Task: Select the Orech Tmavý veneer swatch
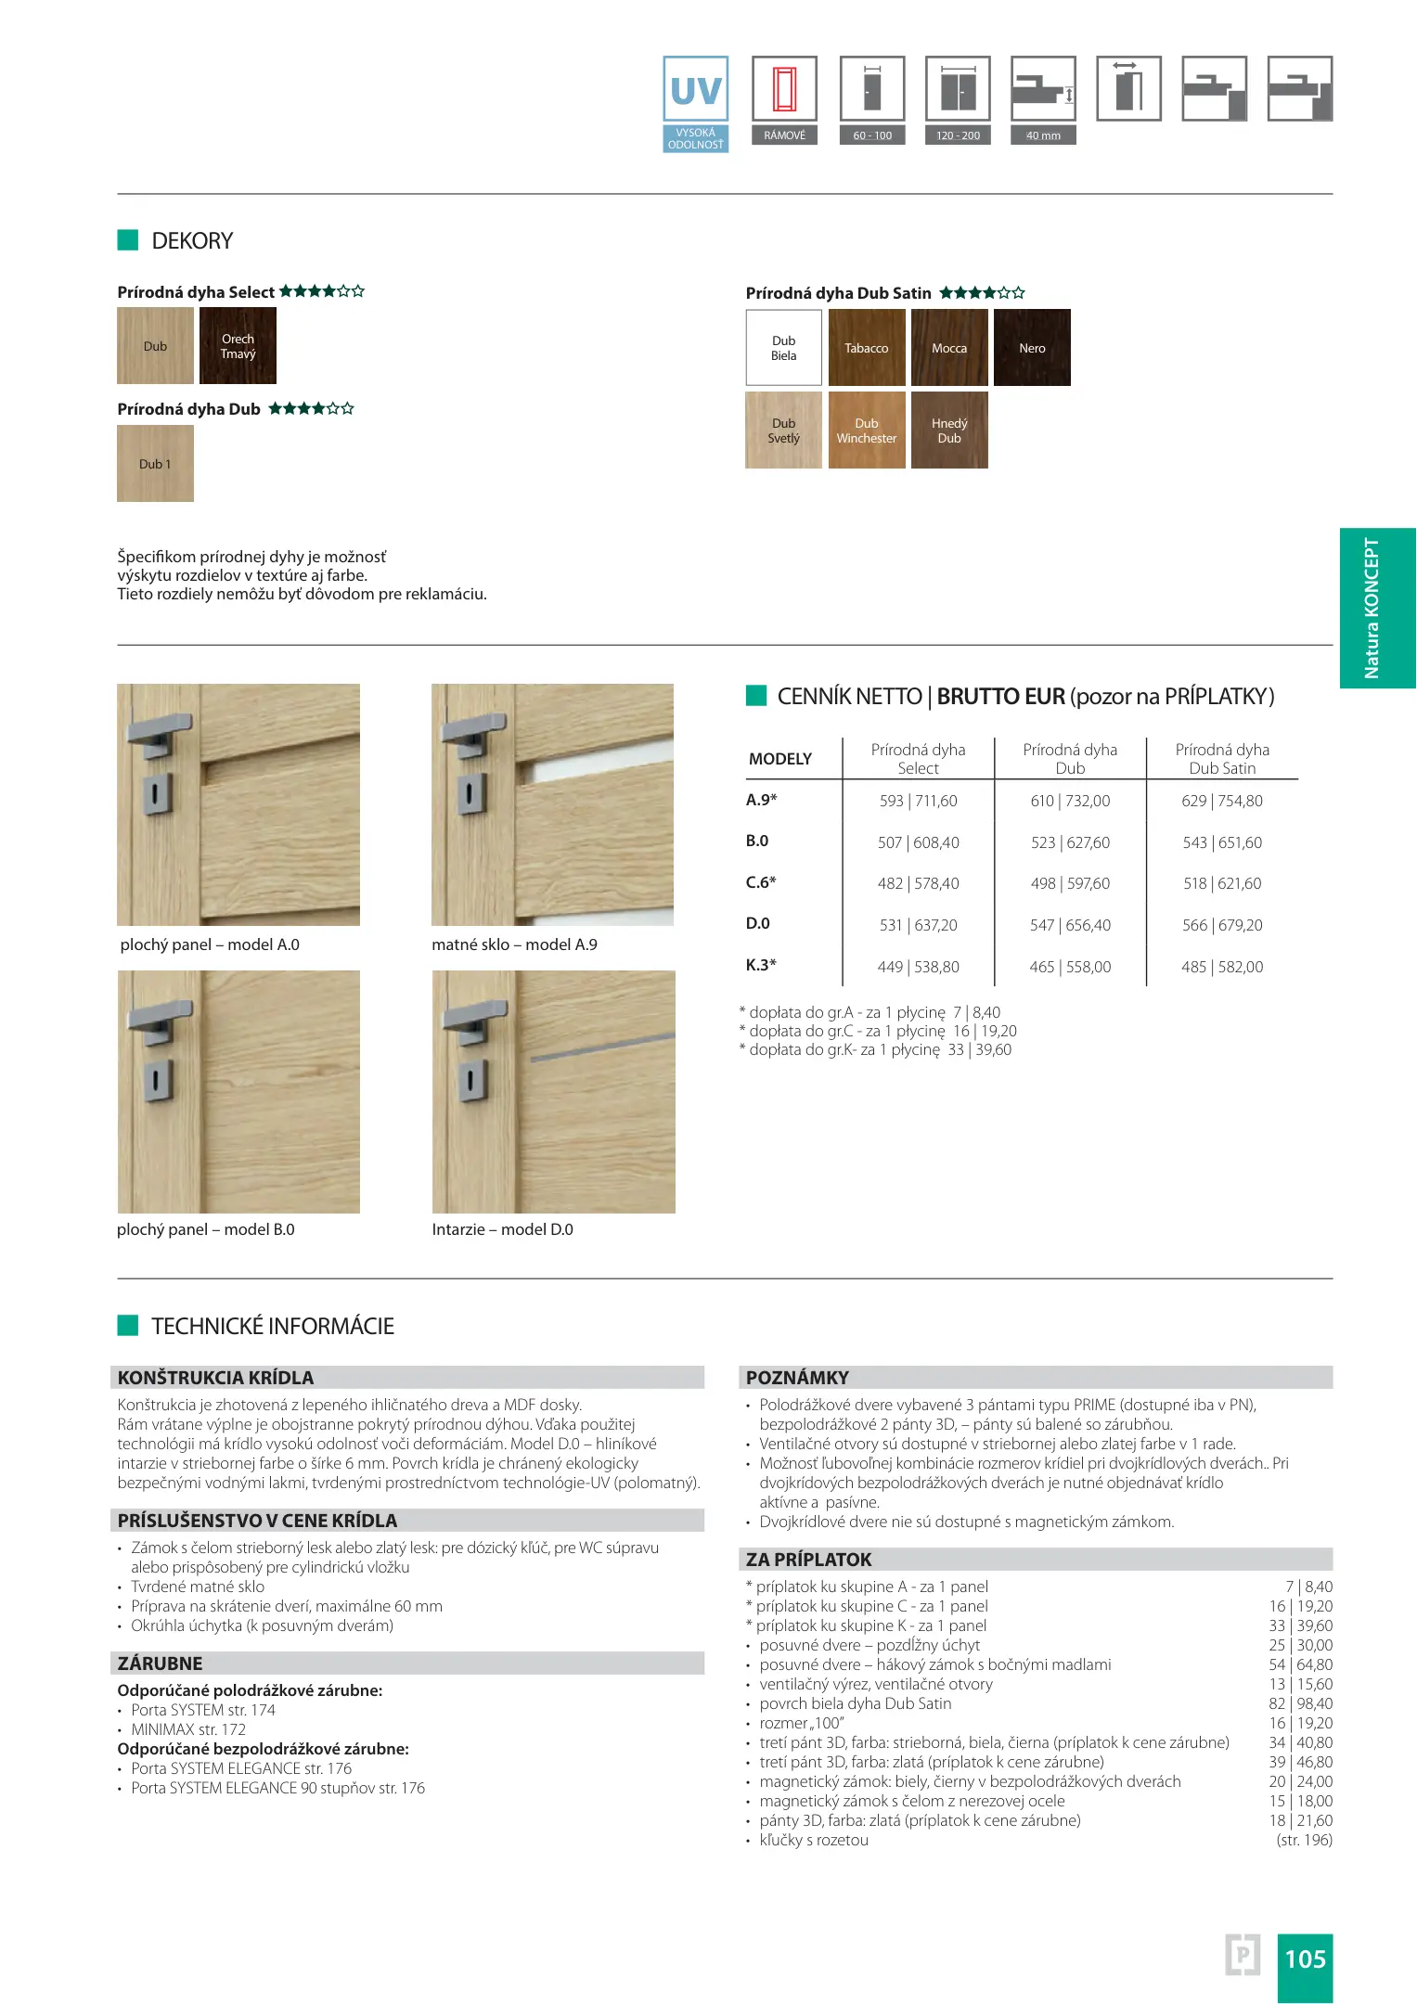pos(238,346)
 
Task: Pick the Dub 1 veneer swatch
pos(155,464)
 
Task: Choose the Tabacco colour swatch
pos(866,348)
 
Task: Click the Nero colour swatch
pos(1032,348)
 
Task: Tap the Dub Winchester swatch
pos(866,430)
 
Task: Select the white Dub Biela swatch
pos(783,348)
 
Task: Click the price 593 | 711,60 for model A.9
pos(918,801)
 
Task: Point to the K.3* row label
pos(761,965)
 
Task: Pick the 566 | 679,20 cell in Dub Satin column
pos(1222,925)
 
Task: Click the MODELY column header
pos(780,759)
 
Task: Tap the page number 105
pos(1305,1959)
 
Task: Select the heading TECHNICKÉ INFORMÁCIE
pos(273,1326)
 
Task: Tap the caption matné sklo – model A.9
pos(514,944)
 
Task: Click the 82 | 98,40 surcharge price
pos(1301,1703)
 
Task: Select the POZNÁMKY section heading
pos(797,1378)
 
